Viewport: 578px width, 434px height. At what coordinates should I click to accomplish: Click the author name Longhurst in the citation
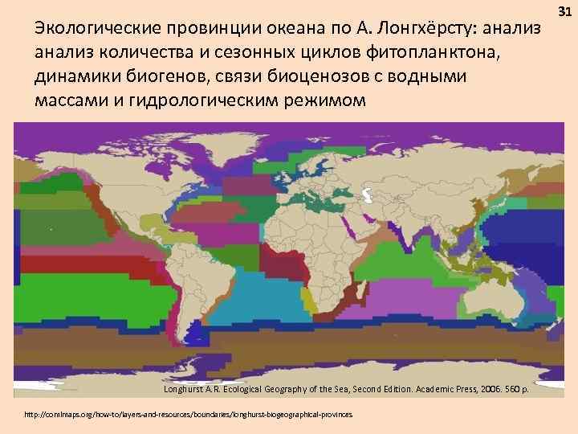(x=191, y=389)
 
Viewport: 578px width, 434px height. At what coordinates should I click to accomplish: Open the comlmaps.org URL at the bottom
(x=189, y=415)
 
